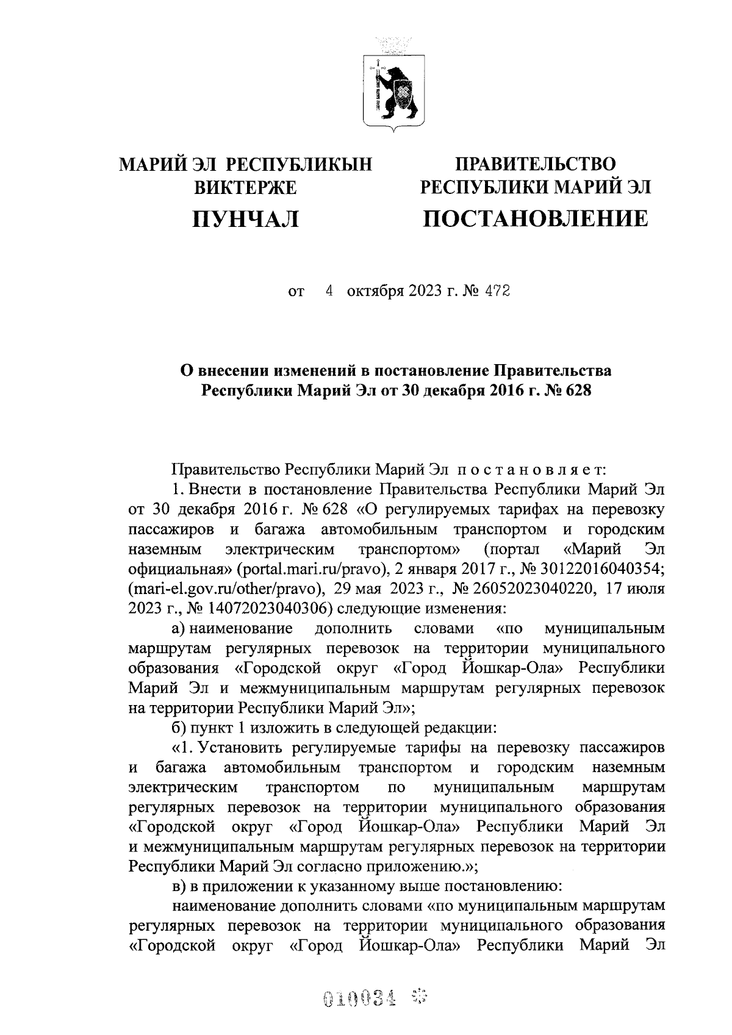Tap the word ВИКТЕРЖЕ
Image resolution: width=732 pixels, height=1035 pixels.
(x=245, y=187)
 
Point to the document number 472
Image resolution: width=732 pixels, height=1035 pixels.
(x=497, y=292)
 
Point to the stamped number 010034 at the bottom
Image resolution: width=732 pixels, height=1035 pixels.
(x=359, y=998)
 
